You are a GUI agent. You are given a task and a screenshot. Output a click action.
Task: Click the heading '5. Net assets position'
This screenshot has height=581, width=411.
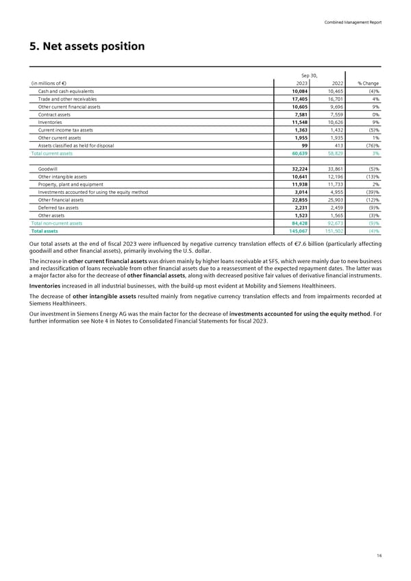[x=86, y=47]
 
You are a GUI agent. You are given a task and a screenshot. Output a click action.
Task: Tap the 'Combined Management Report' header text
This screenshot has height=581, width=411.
[x=353, y=22]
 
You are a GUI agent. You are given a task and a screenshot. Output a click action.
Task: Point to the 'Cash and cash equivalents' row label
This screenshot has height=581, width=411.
[x=66, y=91]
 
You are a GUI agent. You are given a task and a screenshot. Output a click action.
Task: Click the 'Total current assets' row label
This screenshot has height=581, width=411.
[x=52, y=153]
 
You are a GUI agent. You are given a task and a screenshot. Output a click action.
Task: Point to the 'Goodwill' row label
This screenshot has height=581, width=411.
[x=48, y=169]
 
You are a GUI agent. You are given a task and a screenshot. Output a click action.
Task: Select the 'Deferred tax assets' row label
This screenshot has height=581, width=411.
[x=58, y=208]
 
